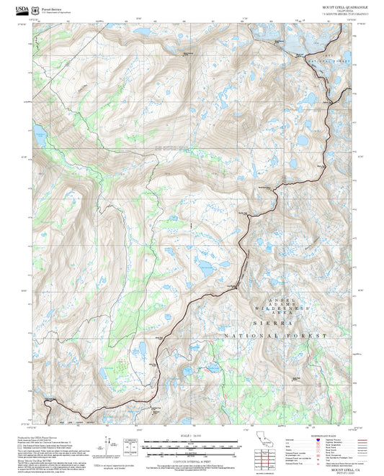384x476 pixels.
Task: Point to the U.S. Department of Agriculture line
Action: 56,12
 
